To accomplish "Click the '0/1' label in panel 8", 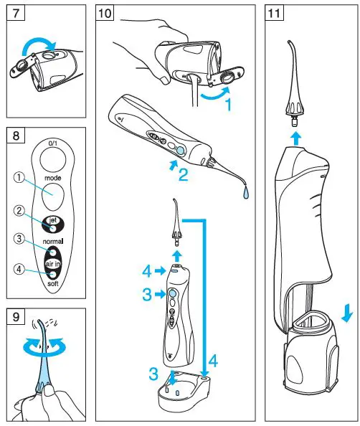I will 51,143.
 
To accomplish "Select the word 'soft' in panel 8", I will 51,283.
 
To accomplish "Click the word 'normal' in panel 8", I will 51,242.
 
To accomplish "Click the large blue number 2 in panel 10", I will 183,173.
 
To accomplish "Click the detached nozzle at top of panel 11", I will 295,86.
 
